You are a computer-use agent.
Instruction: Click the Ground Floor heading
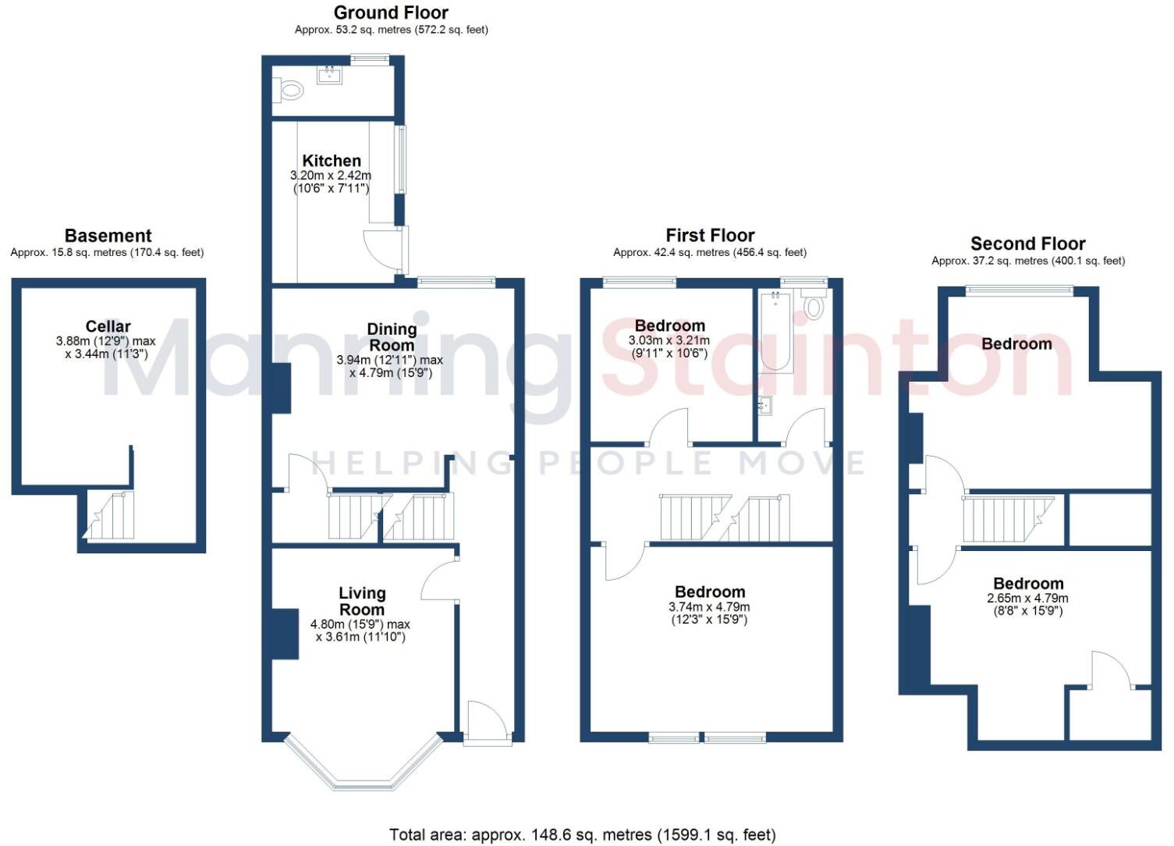point(391,12)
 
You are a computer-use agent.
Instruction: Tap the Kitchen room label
point(332,161)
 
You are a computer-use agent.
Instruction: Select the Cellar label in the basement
point(108,326)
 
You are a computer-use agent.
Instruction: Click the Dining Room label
point(392,337)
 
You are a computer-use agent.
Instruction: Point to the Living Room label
point(361,601)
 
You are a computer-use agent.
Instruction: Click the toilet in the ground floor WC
point(289,91)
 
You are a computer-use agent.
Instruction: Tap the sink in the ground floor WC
point(329,75)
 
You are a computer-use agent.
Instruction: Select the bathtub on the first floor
point(775,331)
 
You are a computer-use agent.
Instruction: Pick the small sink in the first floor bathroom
point(764,404)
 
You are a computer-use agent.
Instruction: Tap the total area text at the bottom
point(582,835)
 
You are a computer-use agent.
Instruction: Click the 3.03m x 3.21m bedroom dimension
point(669,340)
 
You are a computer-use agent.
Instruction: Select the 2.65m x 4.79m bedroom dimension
point(1027,599)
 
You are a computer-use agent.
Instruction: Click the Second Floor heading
point(1027,243)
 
